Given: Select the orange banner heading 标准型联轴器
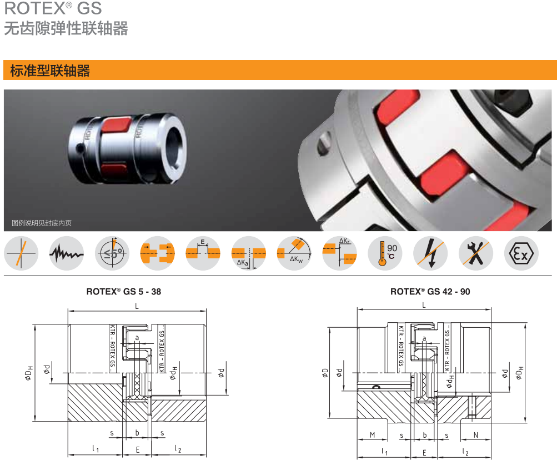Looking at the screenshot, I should (x=50, y=71).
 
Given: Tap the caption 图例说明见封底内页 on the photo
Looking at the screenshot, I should (x=42, y=223).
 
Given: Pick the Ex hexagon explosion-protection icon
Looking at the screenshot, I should (x=521, y=253).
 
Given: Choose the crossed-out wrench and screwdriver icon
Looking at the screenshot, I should (x=475, y=253).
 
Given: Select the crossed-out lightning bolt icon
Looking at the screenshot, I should (x=430, y=253).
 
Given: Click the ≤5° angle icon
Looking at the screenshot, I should (x=112, y=253).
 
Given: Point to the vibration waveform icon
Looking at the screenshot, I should (x=67, y=253).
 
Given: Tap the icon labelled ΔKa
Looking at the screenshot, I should (x=248, y=253).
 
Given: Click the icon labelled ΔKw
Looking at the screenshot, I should (x=294, y=253).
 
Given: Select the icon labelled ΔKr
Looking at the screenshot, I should (x=339, y=253).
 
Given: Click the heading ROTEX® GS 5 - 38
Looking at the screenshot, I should (x=124, y=291).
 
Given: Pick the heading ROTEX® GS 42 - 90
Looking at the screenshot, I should (x=430, y=291).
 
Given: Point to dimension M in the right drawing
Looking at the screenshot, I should (x=373, y=435).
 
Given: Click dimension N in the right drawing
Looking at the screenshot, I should (x=476, y=435).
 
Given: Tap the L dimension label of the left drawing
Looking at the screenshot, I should (x=137, y=306).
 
